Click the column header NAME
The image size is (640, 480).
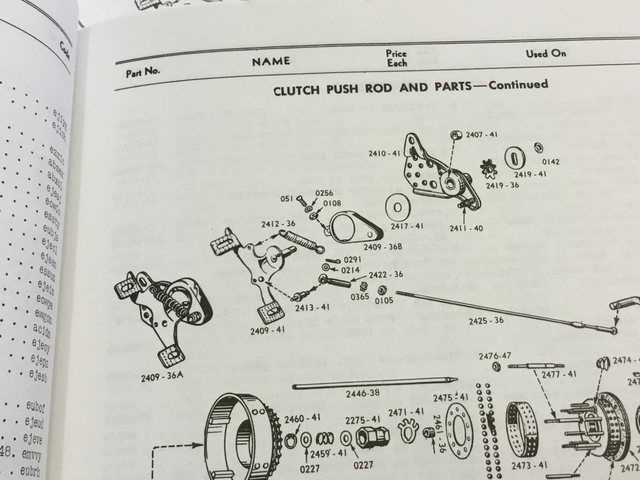click(x=271, y=61)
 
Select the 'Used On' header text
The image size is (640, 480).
click(x=546, y=53)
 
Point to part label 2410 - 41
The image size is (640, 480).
click(x=384, y=153)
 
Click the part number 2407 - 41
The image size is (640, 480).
click(x=481, y=135)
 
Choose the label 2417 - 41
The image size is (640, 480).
click(x=407, y=226)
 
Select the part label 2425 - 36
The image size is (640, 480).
click(x=486, y=320)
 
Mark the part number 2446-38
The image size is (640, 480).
click(x=362, y=393)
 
